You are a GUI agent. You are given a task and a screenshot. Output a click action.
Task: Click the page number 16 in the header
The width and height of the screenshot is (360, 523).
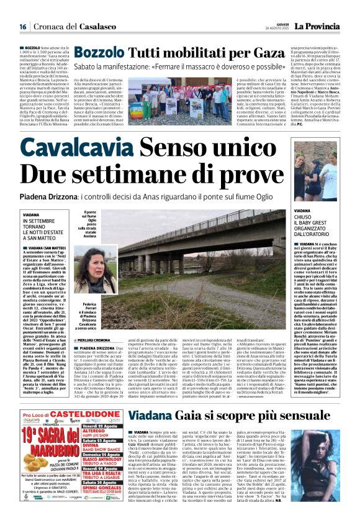click(x=23, y=26)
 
